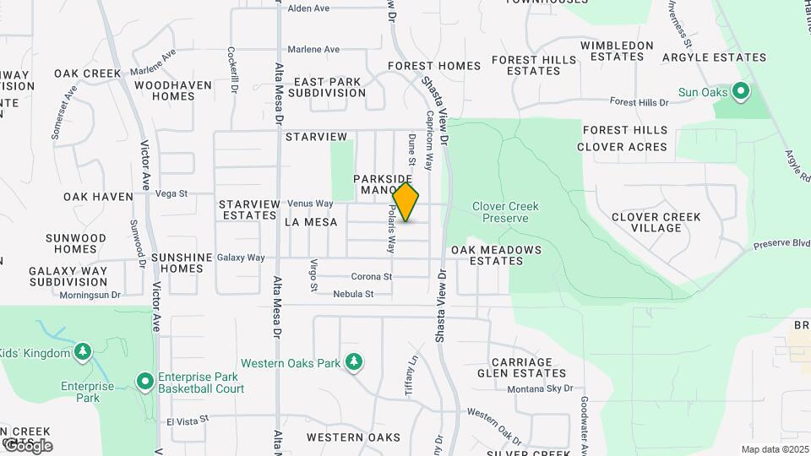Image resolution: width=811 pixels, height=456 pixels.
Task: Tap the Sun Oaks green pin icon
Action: (741, 90)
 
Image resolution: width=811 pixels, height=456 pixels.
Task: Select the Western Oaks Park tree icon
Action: (354, 362)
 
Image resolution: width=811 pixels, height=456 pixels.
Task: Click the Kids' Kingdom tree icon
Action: (82, 351)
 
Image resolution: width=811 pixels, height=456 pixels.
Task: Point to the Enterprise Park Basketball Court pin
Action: (144, 382)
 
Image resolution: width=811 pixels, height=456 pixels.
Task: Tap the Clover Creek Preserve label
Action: (505, 212)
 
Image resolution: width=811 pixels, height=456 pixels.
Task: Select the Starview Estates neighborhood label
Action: (248, 209)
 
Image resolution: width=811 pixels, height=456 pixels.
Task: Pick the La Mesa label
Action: (311, 222)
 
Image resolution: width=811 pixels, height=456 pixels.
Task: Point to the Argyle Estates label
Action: (714, 58)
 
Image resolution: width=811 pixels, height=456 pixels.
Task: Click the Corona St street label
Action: (372, 276)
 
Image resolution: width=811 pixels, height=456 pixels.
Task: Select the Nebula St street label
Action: (353, 294)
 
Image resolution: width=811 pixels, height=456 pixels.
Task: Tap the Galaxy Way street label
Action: (241, 258)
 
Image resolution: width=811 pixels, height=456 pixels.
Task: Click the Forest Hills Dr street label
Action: (640, 102)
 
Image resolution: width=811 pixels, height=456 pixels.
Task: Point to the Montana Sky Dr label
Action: (540, 389)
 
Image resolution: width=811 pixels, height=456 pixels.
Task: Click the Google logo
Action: (27, 446)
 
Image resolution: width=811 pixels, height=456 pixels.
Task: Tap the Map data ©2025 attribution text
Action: (774, 449)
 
